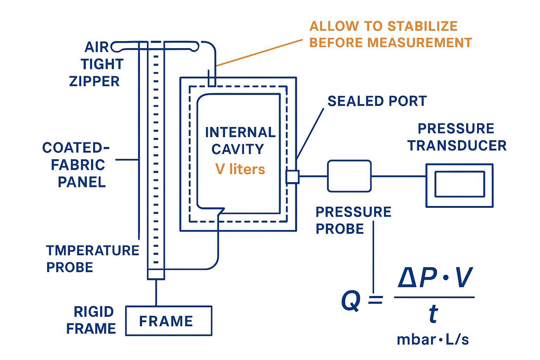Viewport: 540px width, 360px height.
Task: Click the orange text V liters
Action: click(240, 169)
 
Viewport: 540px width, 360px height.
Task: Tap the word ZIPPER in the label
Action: click(94, 81)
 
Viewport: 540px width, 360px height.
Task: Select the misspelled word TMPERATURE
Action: click(92, 251)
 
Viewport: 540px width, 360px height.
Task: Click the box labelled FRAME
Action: click(169, 321)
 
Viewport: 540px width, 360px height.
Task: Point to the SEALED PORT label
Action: click(377, 101)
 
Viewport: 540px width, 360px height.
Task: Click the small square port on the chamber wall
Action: click(292, 176)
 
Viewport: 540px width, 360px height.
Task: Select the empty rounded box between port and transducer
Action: click(349, 176)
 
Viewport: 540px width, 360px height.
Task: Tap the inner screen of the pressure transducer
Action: click(459, 184)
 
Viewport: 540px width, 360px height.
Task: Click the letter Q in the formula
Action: click(351, 301)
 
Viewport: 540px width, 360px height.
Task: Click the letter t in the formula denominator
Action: click(433, 314)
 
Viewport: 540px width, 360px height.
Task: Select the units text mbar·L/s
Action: click(433, 340)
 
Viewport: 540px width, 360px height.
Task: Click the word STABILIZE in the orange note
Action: click(422, 26)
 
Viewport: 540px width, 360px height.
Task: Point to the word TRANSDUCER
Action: click(457, 146)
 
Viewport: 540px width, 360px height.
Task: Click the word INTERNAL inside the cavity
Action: click(240, 133)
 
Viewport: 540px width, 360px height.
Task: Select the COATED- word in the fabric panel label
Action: click(76, 148)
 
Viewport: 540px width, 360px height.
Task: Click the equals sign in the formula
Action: click(375, 301)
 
